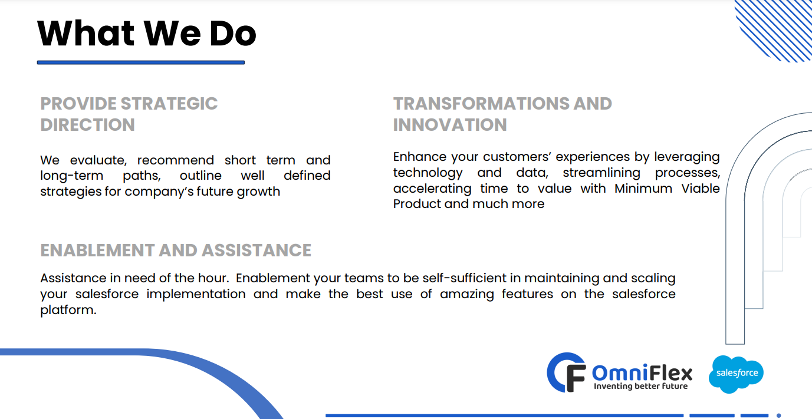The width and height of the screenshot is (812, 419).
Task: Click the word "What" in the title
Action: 86,34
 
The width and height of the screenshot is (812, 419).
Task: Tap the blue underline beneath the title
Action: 141,62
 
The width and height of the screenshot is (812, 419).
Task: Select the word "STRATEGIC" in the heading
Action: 169,104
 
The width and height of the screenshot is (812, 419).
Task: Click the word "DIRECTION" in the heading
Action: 87,125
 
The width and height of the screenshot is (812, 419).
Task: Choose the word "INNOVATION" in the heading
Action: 450,125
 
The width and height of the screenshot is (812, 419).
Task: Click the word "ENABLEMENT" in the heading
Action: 97,250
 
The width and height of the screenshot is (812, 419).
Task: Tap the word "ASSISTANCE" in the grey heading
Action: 257,250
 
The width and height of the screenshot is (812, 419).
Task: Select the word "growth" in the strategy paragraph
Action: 258,192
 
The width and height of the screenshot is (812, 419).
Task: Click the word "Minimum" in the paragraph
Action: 643,189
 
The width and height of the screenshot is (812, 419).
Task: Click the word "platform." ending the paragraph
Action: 68,311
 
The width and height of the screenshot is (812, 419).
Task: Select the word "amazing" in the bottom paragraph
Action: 467,295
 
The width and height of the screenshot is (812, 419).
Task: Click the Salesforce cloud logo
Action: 737,374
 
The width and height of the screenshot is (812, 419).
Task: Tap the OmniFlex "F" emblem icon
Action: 566,372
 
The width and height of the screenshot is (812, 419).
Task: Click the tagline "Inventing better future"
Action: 640,386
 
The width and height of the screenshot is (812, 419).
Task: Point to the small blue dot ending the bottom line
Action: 778,415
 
